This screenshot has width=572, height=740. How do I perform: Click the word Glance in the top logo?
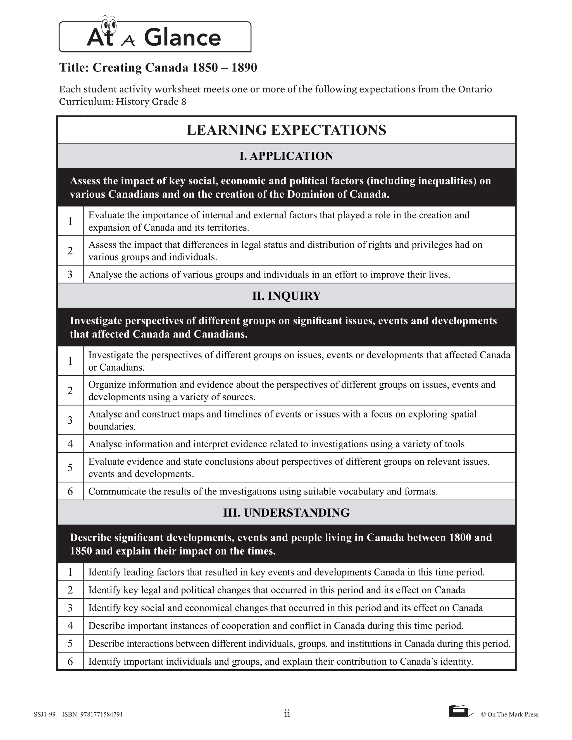(x=182, y=38)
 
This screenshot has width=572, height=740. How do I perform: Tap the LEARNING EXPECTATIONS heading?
(x=286, y=130)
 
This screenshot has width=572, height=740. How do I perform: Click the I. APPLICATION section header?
(x=286, y=156)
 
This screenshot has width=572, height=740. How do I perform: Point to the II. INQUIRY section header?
(x=286, y=296)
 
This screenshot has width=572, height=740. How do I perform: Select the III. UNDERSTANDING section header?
(x=286, y=513)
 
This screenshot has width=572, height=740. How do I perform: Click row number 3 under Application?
(x=70, y=274)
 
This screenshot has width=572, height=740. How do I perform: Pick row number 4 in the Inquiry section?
(x=70, y=444)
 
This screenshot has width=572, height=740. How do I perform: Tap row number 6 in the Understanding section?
(x=70, y=661)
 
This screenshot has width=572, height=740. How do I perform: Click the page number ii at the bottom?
(x=287, y=714)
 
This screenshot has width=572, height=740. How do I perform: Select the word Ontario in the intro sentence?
(x=475, y=89)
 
